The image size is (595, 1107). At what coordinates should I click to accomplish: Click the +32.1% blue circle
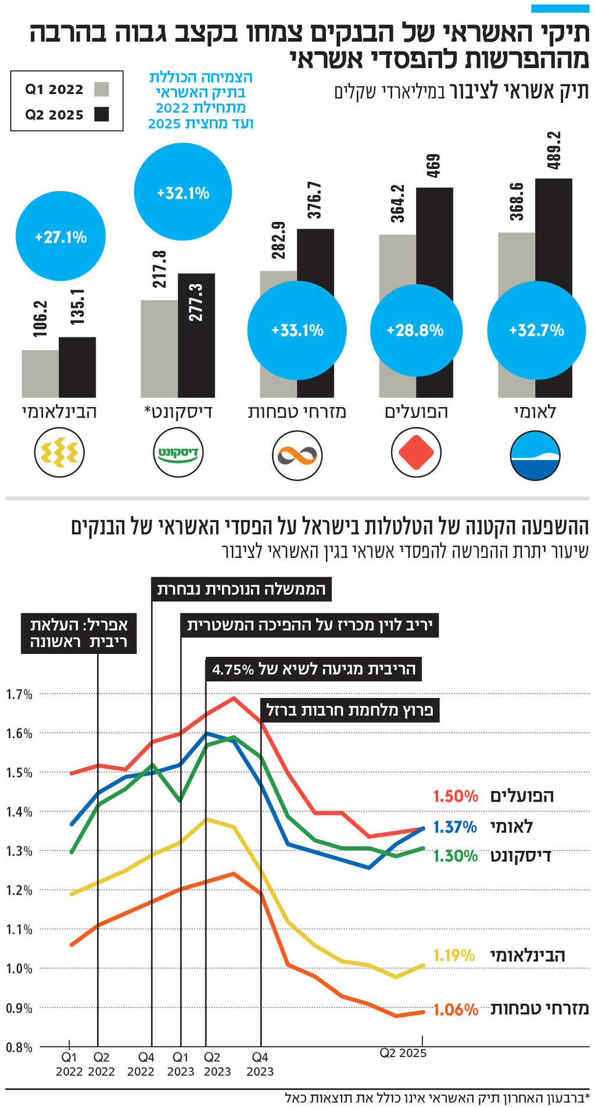tap(183, 192)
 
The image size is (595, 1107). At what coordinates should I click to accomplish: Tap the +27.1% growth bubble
tap(60, 236)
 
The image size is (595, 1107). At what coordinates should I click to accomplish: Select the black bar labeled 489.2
tap(553, 232)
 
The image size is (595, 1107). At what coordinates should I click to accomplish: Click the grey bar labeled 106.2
tap(40, 373)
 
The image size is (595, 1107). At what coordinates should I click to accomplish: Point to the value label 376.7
tap(314, 200)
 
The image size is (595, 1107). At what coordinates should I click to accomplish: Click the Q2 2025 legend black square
tap(102, 114)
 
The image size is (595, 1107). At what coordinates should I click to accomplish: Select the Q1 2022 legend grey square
tap(102, 89)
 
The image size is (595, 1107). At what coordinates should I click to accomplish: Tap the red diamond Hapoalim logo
tap(416, 454)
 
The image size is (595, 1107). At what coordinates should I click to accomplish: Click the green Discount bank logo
tap(178, 452)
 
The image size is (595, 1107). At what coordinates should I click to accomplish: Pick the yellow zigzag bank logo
tap(59, 452)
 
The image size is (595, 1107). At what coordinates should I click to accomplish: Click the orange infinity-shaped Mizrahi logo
tap(297, 455)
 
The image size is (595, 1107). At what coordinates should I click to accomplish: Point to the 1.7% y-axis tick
tap(19, 694)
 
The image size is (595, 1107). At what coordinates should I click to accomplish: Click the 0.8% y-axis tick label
tap(19, 1047)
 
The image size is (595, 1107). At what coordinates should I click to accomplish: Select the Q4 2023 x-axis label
tap(260, 1064)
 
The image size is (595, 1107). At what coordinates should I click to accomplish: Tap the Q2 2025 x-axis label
tap(403, 1053)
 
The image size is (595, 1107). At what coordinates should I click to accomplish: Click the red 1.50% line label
tap(456, 796)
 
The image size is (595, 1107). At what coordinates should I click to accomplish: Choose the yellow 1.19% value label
tap(454, 955)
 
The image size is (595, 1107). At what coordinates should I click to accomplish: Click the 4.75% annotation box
tap(314, 669)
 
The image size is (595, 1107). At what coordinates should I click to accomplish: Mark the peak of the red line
tap(234, 698)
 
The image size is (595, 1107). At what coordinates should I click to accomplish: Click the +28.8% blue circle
tap(415, 330)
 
